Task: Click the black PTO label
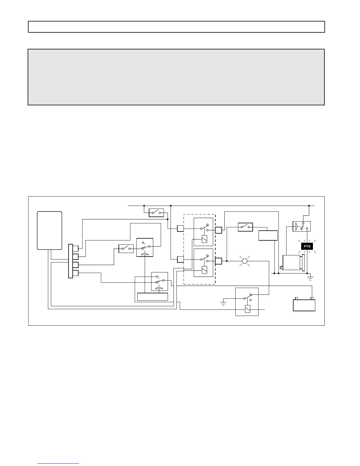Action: click(307, 246)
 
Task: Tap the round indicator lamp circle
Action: click(245, 261)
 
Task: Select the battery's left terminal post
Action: click(296, 298)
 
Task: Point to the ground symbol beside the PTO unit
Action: click(310, 278)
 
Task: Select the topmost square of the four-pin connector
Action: click(76, 248)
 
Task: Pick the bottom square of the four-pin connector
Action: click(76, 273)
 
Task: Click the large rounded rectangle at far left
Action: click(49, 230)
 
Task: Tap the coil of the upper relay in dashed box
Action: click(204, 239)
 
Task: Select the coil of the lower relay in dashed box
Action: click(204, 270)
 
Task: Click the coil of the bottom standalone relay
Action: click(248, 309)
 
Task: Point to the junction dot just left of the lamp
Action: click(227, 261)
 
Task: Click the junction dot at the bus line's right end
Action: click(309, 206)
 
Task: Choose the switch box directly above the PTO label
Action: click(301, 226)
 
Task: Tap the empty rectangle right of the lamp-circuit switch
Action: click(268, 236)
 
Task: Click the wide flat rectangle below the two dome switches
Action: click(152, 297)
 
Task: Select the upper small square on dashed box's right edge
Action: click(218, 230)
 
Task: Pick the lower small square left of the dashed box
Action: click(180, 259)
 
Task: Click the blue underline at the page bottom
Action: click(58, 463)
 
